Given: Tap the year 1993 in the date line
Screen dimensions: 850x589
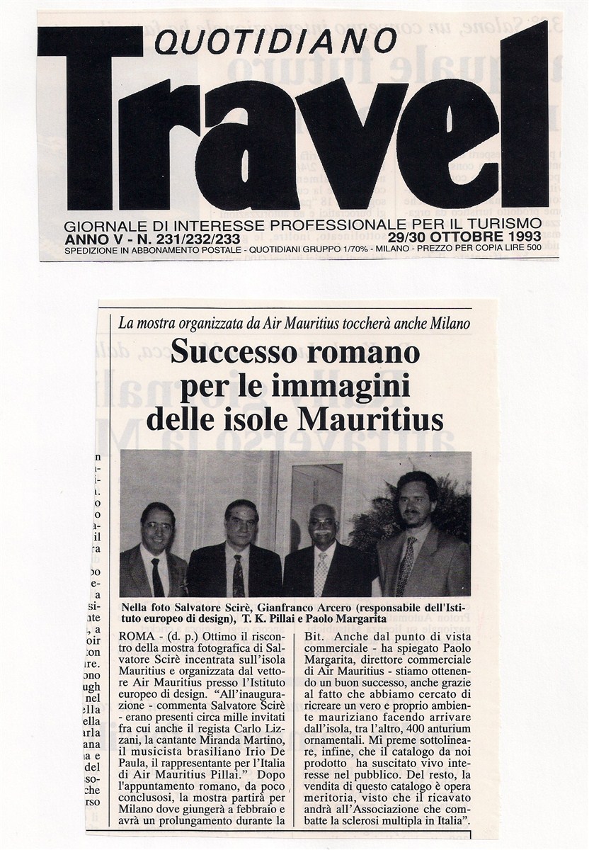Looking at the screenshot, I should pos(522,236).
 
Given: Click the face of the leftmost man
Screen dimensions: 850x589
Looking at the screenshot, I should pos(157,524).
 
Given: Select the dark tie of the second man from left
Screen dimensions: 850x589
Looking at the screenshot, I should pos(239,574).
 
